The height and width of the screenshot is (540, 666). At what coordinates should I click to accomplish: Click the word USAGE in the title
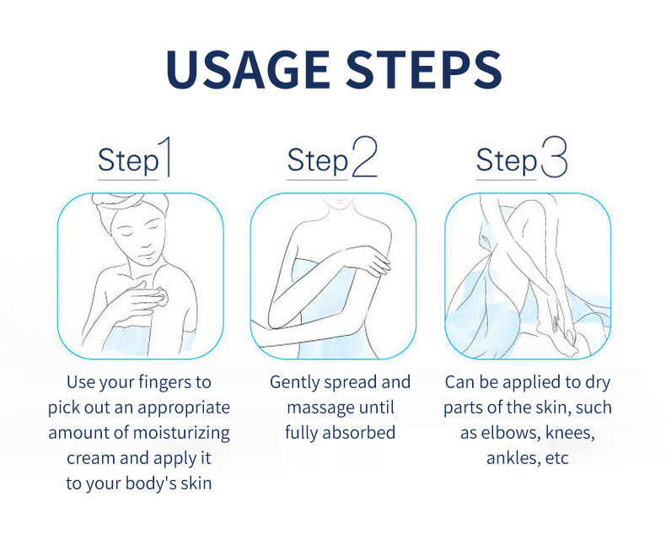[x=248, y=69]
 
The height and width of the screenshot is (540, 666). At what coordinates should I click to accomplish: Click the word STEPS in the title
[x=424, y=69]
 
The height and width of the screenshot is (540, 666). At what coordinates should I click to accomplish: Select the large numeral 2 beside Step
[x=364, y=156]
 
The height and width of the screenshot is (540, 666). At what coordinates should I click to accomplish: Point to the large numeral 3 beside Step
[x=554, y=156]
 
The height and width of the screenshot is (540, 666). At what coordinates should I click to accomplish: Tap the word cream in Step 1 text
[x=90, y=458]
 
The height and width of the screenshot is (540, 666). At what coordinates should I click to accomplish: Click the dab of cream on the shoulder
[x=161, y=296]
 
